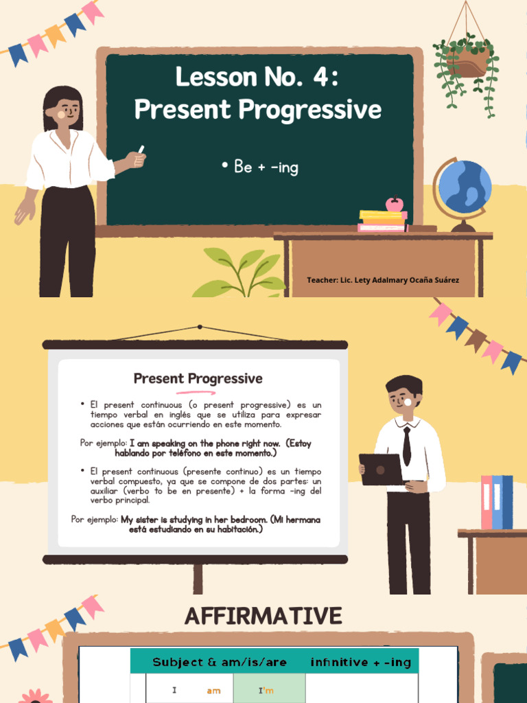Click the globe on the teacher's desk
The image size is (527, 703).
[465, 187]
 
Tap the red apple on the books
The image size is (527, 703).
[395, 204]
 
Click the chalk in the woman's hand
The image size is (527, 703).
[141, 150]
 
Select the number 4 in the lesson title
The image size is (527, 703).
[320, 77]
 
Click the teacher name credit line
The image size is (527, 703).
[383, 280]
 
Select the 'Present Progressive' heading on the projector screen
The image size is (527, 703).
[198, 378]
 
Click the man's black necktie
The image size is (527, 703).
[407, 446]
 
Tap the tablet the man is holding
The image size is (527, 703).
[381, 470]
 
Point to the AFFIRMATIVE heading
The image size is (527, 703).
[263, 616]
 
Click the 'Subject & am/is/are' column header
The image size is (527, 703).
[220, 662]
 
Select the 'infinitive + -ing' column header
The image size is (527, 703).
[361, 662]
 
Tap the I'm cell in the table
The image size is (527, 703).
[266, 691]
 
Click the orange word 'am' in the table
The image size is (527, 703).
[213, 691]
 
